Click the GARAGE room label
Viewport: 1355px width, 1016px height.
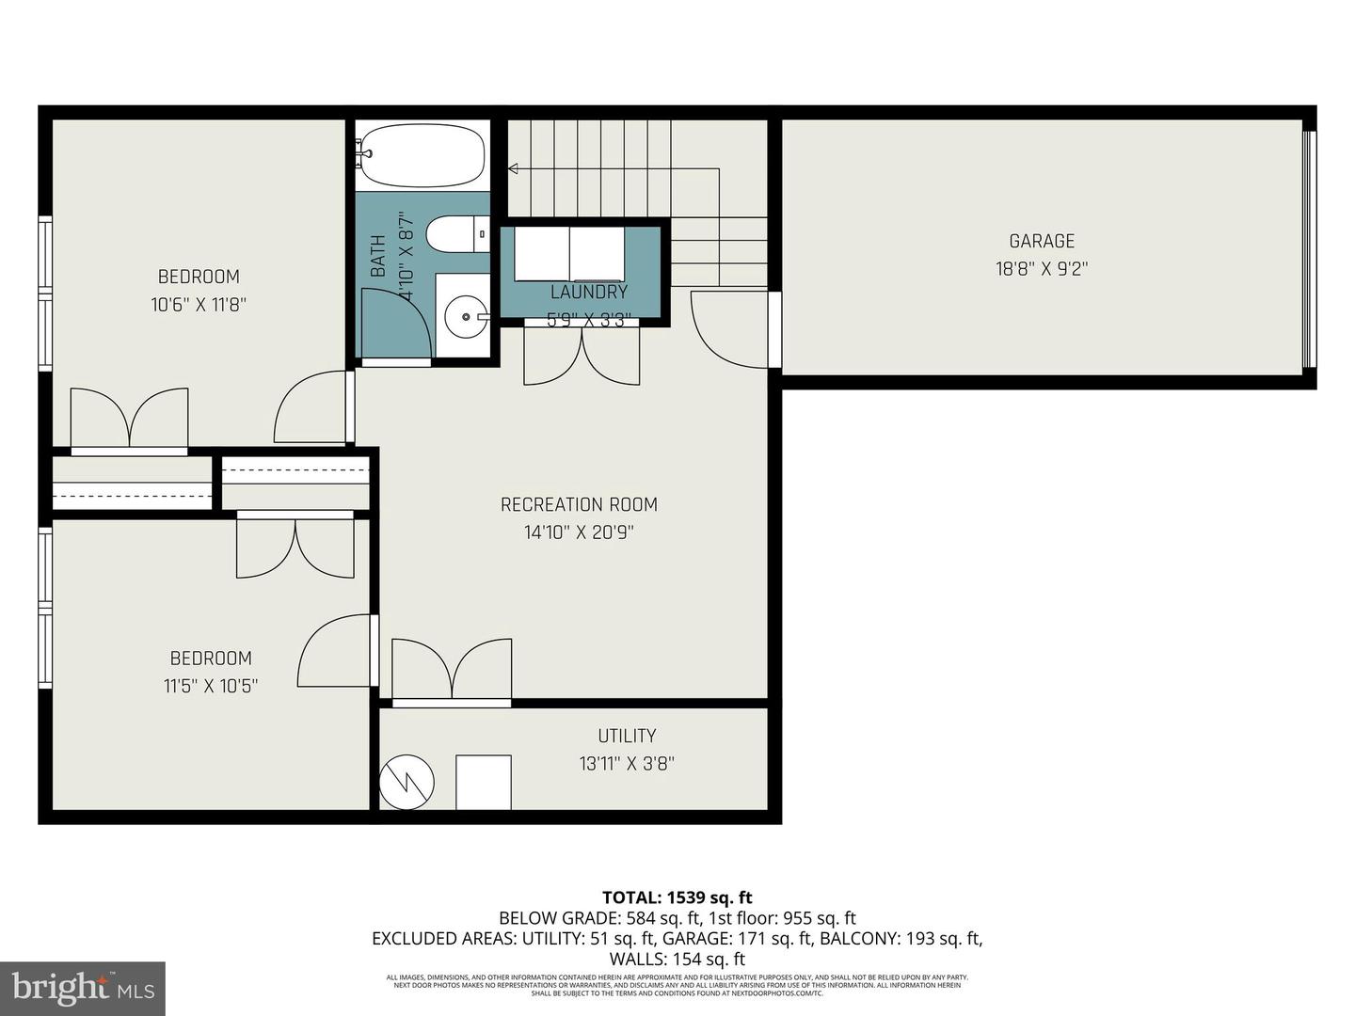[1041, 242]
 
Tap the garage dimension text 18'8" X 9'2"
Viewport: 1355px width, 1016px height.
[1041, 269]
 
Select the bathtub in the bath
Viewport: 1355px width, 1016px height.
[422, 156]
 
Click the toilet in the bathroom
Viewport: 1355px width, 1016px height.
[455, 234]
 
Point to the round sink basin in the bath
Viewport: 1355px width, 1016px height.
[462, 317]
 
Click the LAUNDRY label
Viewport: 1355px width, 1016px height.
[589, 293]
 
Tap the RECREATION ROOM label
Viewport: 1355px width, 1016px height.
[579, 505]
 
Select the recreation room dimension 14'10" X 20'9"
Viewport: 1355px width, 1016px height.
[579, 532]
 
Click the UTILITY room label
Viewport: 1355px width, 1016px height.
[627, 736]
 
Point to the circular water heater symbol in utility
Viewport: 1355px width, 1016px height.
[406, 782]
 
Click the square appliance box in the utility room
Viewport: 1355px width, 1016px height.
[483, 782]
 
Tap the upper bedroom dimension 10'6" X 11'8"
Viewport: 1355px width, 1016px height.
[199, 304]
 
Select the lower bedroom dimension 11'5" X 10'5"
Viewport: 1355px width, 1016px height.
[211, 686]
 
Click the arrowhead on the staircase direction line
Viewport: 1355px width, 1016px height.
[514, 169]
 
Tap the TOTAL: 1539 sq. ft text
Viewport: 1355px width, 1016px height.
[677, 897]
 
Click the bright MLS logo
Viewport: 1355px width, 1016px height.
[82, 988]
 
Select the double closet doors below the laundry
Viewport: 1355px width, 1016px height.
[582, 356]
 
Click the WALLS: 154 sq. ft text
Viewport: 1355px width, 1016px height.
[677, 960]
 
